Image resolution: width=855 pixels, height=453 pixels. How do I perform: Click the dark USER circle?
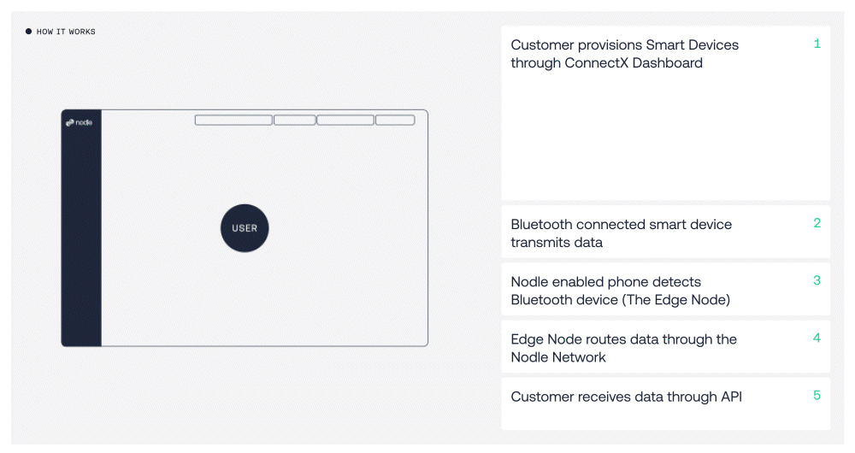pyautogui.click(x=245, y=228)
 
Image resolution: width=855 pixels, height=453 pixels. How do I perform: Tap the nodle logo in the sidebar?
pyautogui.click(x=79, y=123)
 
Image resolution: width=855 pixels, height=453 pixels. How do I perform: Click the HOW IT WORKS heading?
pyautogui.click(x=66, y=32)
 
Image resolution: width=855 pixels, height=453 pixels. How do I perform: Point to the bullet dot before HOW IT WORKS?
pyautogui.click(x=28, y=32)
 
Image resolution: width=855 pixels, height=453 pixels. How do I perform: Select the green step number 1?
pyautogui.click(x=817, y=44)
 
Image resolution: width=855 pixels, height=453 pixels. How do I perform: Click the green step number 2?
pyautogui.click(x=817, y=223)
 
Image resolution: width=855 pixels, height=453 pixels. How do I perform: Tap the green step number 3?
pyautogui.click(x=817, y=280)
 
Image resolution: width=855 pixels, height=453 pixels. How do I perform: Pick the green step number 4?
pyautogui.click(x=817, y=338)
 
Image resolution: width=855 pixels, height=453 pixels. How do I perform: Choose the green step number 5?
pyautogui.click(x=817, y=395)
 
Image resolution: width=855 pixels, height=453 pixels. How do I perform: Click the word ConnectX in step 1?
pyautogui.click(x=597, y=62)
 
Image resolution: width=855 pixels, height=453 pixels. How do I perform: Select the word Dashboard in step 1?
pyautogui.click(x=668, y=62)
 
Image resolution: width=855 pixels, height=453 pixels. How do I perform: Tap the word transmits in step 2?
pyautogui.click(x=538, y=243)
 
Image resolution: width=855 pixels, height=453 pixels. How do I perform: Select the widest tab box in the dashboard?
pyautogui.click(x=233, y=120)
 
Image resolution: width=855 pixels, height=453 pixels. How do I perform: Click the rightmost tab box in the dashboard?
pyautogui.click(x=395, y=120)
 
